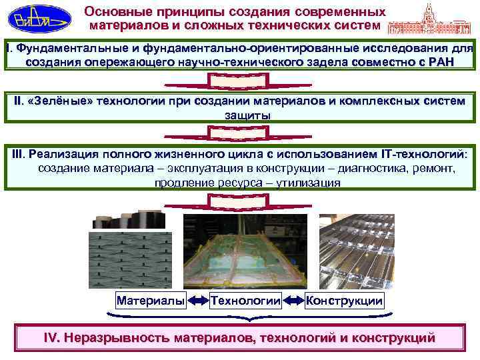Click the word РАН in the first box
[438, 61]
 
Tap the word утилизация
[308, 183]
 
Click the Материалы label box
[151, 301]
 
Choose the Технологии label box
[245, 301]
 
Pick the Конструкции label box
[344, 301]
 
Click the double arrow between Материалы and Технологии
[198, 301]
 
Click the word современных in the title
[340, 13]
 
